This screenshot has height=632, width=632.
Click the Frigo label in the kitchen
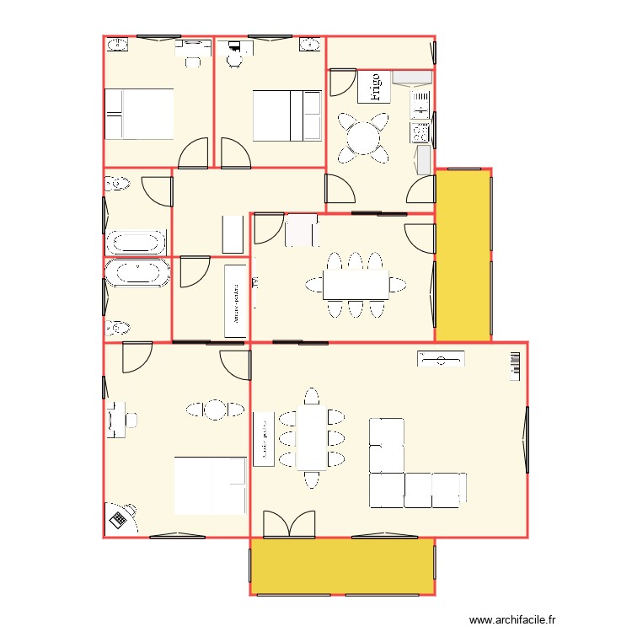(373, 87)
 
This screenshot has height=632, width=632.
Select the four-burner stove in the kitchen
(419, 131)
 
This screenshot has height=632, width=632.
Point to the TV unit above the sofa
(440, 359)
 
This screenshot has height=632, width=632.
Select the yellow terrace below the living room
(342, 565)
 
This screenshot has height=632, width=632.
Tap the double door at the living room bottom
(289, 523)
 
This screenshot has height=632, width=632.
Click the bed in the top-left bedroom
(139, 114)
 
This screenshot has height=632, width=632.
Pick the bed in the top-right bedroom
(287, 115)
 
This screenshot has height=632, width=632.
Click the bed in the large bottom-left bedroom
(210, 485)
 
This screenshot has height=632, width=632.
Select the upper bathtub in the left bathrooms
(135, 243)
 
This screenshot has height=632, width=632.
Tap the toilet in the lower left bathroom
(118, 327)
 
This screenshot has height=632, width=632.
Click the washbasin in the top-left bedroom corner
(118, 45)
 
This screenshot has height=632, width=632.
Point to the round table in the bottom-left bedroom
(214, 410)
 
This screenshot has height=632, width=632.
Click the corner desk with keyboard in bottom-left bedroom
(120, 517)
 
